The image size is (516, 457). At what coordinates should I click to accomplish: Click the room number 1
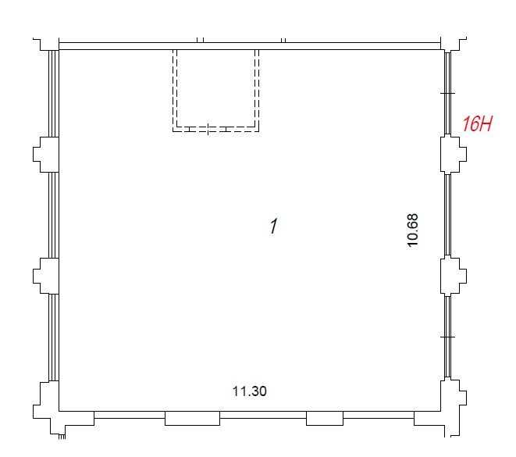(274, 226)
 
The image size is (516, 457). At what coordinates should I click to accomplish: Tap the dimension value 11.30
(250, 391)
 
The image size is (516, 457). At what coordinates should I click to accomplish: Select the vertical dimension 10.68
(412, 230)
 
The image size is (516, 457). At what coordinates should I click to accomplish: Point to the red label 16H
(477, 123)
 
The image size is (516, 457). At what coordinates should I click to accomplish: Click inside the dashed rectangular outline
(216, 89)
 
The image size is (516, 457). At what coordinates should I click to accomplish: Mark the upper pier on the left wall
(46, 155)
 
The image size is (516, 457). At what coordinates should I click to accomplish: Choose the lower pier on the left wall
(46, 276)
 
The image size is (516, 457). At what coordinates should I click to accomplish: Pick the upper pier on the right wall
(453, 154)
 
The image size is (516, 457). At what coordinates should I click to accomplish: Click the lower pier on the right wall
(453, 276)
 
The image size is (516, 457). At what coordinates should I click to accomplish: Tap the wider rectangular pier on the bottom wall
(192, 418)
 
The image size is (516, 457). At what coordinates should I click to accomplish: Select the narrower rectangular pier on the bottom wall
(325, 418)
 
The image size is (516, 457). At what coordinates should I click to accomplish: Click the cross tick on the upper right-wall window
(447, 94)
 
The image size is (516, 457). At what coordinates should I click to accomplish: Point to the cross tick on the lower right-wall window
(447, 337)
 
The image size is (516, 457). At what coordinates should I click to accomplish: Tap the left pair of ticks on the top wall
(200, 40)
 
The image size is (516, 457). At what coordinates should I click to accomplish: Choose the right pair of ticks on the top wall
(283, 40)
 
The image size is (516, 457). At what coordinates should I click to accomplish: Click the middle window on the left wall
(54, 215)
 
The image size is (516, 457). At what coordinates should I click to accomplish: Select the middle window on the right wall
(447, 215)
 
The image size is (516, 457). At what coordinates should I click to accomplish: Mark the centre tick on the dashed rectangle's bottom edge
(208, 129)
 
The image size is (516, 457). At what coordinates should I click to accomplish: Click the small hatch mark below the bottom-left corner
(62, 437)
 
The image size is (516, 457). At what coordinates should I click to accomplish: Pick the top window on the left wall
(54, 94)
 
